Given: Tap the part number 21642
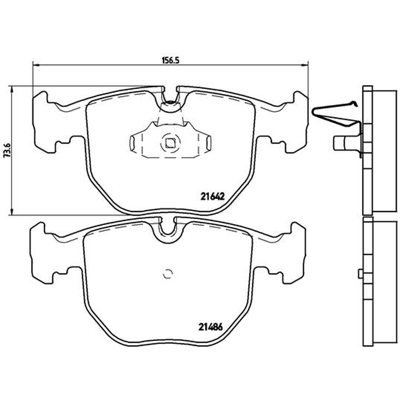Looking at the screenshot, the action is (212, 196).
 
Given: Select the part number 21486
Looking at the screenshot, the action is (210, 327).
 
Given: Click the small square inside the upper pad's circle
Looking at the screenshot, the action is (170, 143).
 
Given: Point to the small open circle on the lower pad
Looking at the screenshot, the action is (167, 274).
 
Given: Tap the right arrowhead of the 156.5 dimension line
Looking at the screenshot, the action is (305, 65).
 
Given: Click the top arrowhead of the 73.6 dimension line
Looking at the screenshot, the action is (11, 90).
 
